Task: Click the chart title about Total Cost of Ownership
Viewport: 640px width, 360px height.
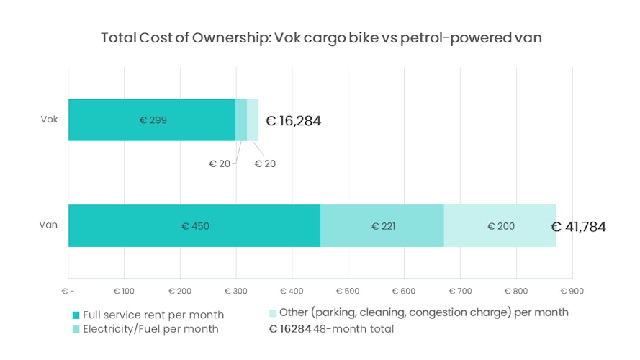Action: (320, 38)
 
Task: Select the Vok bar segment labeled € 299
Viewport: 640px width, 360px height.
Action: (152, 120)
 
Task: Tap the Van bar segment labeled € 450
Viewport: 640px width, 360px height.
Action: (194, 226)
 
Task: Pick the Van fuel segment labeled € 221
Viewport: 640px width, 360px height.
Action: (382, 226)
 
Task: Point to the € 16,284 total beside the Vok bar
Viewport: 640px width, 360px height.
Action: (293, 121)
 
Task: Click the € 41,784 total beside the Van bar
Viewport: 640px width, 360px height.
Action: (578, 227)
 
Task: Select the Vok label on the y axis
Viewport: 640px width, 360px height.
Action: (48, 119)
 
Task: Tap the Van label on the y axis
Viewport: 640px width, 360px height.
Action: (48, 225)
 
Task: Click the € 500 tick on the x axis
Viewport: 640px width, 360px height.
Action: (348, 291)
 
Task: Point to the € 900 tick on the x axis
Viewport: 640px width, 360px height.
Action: (572, 291)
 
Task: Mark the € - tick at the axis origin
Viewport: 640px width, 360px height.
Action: (68, 291)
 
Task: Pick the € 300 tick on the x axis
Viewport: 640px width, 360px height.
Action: (235, 291)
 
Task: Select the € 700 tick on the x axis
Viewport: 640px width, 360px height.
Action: (459, 291)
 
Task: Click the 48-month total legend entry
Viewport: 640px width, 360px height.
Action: (331, 329)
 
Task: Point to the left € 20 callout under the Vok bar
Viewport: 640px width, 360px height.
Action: (220, 163)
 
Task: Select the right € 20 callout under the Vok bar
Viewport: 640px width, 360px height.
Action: (265, 163)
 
